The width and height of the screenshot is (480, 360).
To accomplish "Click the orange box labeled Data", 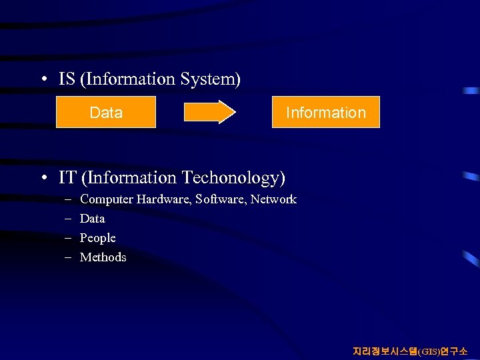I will [105, 112].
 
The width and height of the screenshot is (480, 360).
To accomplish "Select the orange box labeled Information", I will [325, 112].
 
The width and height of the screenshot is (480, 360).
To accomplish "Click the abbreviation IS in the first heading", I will [67, 79].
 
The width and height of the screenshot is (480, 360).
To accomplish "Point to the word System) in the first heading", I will [211, 79].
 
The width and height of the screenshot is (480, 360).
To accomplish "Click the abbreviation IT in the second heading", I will [67, 178].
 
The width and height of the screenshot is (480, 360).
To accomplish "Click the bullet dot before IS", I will [43, 80].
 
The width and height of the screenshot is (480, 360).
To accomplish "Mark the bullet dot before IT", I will [43, 179].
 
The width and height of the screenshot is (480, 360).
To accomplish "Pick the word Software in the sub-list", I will [221, 199].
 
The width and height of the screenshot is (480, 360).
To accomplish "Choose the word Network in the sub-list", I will [273, 199].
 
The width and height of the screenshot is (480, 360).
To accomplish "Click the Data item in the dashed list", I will [92, 219].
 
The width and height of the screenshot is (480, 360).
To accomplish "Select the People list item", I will [97, 238].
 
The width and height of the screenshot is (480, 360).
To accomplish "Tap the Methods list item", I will [103, 257].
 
